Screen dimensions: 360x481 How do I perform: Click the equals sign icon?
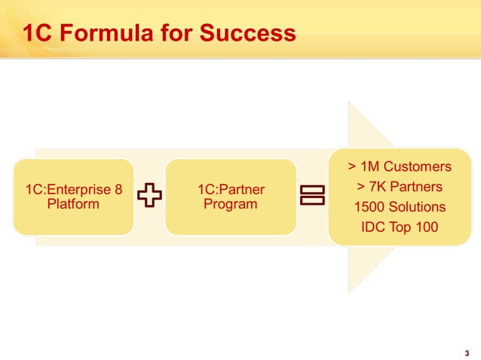311,196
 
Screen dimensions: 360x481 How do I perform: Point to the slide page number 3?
467,353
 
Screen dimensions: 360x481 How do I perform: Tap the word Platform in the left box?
73,204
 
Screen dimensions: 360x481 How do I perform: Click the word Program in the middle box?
231,204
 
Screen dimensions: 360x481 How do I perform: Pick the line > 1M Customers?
400,166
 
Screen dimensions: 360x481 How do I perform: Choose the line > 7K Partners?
400,186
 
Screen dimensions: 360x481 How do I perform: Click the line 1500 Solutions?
400,206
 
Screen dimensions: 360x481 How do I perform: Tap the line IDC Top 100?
400,227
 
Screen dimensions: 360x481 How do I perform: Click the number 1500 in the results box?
369,206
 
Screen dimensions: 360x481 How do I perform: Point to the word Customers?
417,166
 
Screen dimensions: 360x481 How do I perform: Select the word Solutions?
417,206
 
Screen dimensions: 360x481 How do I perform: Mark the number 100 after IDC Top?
425,227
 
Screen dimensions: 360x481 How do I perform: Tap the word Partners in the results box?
414,186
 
